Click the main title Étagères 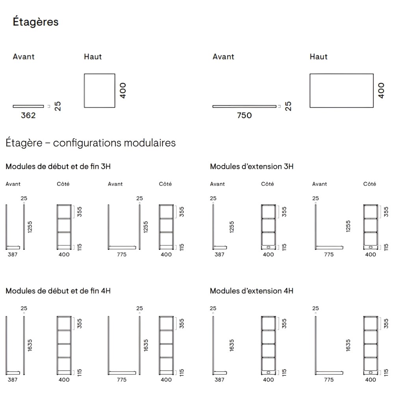[x=36, y=22]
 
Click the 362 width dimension [x=28, y=115]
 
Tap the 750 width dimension [x=244, y=115]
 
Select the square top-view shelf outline [x=99, y=90]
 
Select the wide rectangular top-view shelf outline [x=341, y=90]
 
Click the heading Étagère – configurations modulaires [x=91, y=143]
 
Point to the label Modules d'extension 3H [x=251, y=166]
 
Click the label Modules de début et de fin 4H [x=58, y=291]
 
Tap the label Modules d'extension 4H [x=251, y=291]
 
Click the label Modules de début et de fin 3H [x=58, y=166]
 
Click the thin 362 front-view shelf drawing [x=28, y=106]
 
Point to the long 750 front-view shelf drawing [x=244, y=106]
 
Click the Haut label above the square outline [x=93, y=57]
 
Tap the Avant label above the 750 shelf [x=223, y=57]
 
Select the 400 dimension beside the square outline [x=123, y=90]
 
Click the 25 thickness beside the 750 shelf [x=288, y=106]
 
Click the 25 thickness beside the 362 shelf [x=58, y=106]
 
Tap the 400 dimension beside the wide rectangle [x=381, y=90]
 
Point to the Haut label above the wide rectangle [x=318, y=57]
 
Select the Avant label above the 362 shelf [x=24, y=57]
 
